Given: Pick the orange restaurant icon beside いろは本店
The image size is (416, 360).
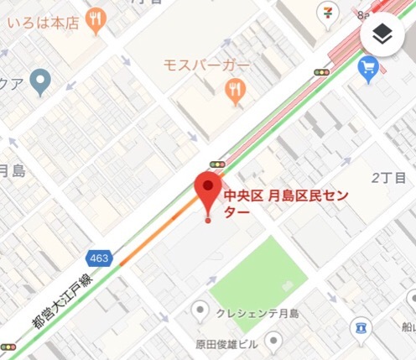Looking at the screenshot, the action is pos(96,21).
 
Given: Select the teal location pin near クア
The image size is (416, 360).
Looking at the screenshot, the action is pos(39,81).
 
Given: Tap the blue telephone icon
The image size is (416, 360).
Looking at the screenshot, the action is pos(361,326).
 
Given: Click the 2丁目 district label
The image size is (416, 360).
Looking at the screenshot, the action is pos(387,178).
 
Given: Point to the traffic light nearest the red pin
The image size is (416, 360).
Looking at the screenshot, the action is pos(218,164).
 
